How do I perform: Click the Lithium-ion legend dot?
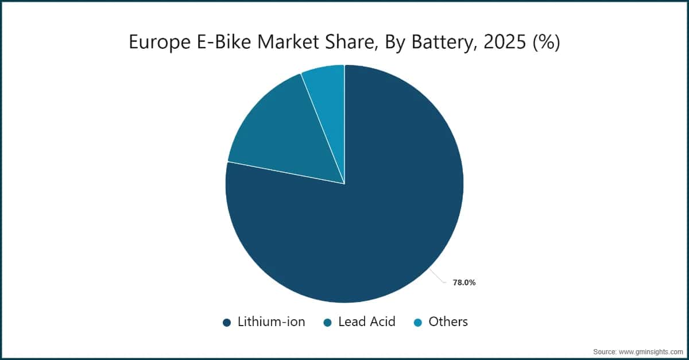tap(227, 323)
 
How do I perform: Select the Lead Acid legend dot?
tap(327, 323)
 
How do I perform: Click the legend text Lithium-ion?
tap(271, 322)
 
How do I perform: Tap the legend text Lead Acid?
tap(367, 322)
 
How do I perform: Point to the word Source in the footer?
tap(605, 351)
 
